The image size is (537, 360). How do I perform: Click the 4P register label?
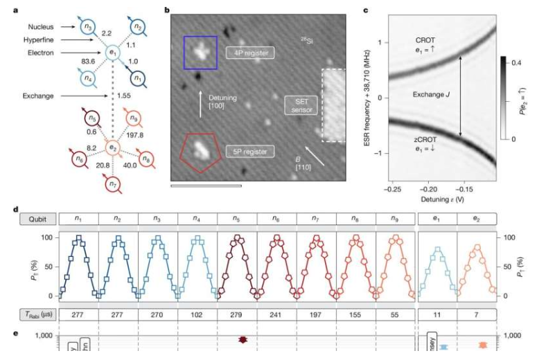(249, 52)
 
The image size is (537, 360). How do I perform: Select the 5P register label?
(247, 150)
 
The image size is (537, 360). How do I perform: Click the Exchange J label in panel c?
(433, 93)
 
